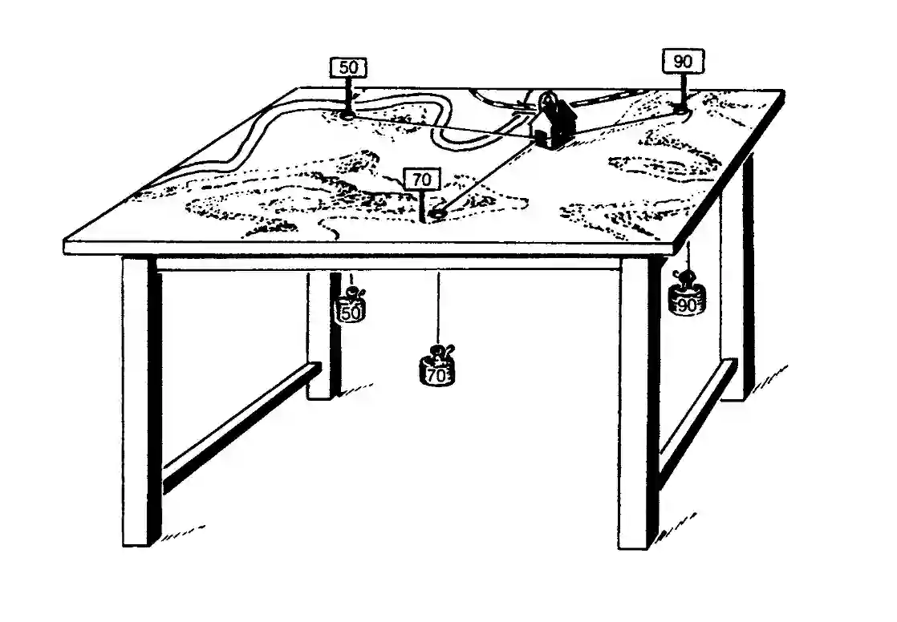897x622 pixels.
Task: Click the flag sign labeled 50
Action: coord(348,68)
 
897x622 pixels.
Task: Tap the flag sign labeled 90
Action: coord(683,61)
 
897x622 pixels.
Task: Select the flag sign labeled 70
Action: coord(421,180)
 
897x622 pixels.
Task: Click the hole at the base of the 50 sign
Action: coord(347,115)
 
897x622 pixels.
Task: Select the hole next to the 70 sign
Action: coord(438,214)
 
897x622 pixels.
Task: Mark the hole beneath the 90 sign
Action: coord(681,111)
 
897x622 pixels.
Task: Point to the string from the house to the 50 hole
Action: coord(441,127)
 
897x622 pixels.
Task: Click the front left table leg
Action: coord(136,401)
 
